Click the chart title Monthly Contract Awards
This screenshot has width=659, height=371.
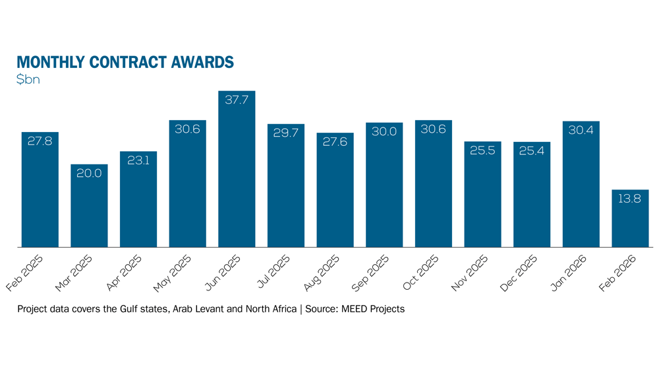pos(125,62)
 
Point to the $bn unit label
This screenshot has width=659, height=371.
pos(29,80)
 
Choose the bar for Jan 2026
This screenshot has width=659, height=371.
pos(581,188)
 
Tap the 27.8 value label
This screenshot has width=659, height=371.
pos(40,142)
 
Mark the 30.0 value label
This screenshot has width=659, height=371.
pos(384,131)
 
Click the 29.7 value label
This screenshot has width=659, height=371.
pos(286,133)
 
